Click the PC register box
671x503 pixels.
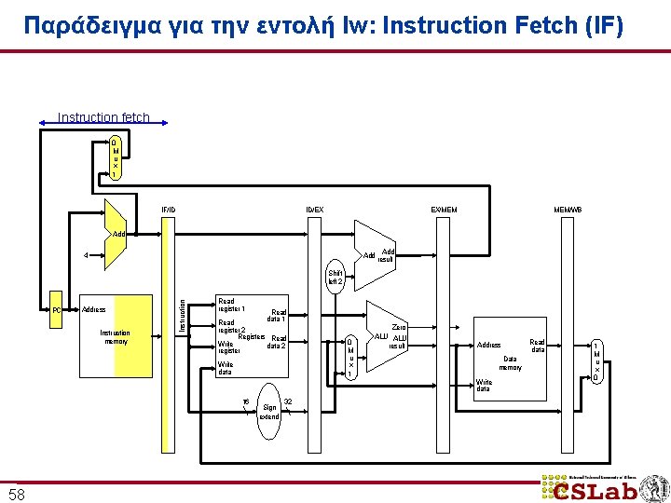pos(57,309)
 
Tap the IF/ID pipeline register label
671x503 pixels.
pos(168,209)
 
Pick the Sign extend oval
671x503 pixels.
pos(269,406)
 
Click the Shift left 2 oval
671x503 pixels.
pos(335,277)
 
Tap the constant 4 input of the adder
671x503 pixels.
pos(86,254)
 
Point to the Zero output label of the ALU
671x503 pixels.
pos(399,327)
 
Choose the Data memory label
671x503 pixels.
pos(510,362)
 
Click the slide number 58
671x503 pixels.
pos(17,494)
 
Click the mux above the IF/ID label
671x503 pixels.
pos(115,158)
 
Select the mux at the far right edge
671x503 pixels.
pos(597,361)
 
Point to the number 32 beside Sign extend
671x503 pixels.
pos(289,401)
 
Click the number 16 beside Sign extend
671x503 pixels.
pos(245,401)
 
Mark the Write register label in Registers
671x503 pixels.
pos(229,347)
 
